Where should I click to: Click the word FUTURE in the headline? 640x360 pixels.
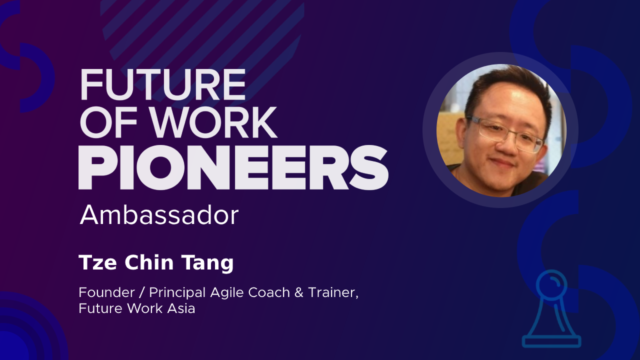coord(163,84)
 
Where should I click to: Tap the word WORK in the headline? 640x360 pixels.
coord(214,122)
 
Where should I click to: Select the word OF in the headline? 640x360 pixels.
coord(109,122)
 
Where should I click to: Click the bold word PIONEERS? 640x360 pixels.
coord(233,167)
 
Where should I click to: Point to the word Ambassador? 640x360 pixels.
coord(159,215)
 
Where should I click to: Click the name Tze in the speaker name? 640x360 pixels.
coord(97,262)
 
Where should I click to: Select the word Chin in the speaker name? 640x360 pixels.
coord(149,262)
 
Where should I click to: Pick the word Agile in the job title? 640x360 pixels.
coord(227,293)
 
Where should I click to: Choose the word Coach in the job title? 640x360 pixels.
coord(269,292)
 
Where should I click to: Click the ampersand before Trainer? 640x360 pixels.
coord(298,292)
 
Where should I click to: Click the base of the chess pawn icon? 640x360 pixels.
coord(551,341)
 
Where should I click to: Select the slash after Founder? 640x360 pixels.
coord(141,293)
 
